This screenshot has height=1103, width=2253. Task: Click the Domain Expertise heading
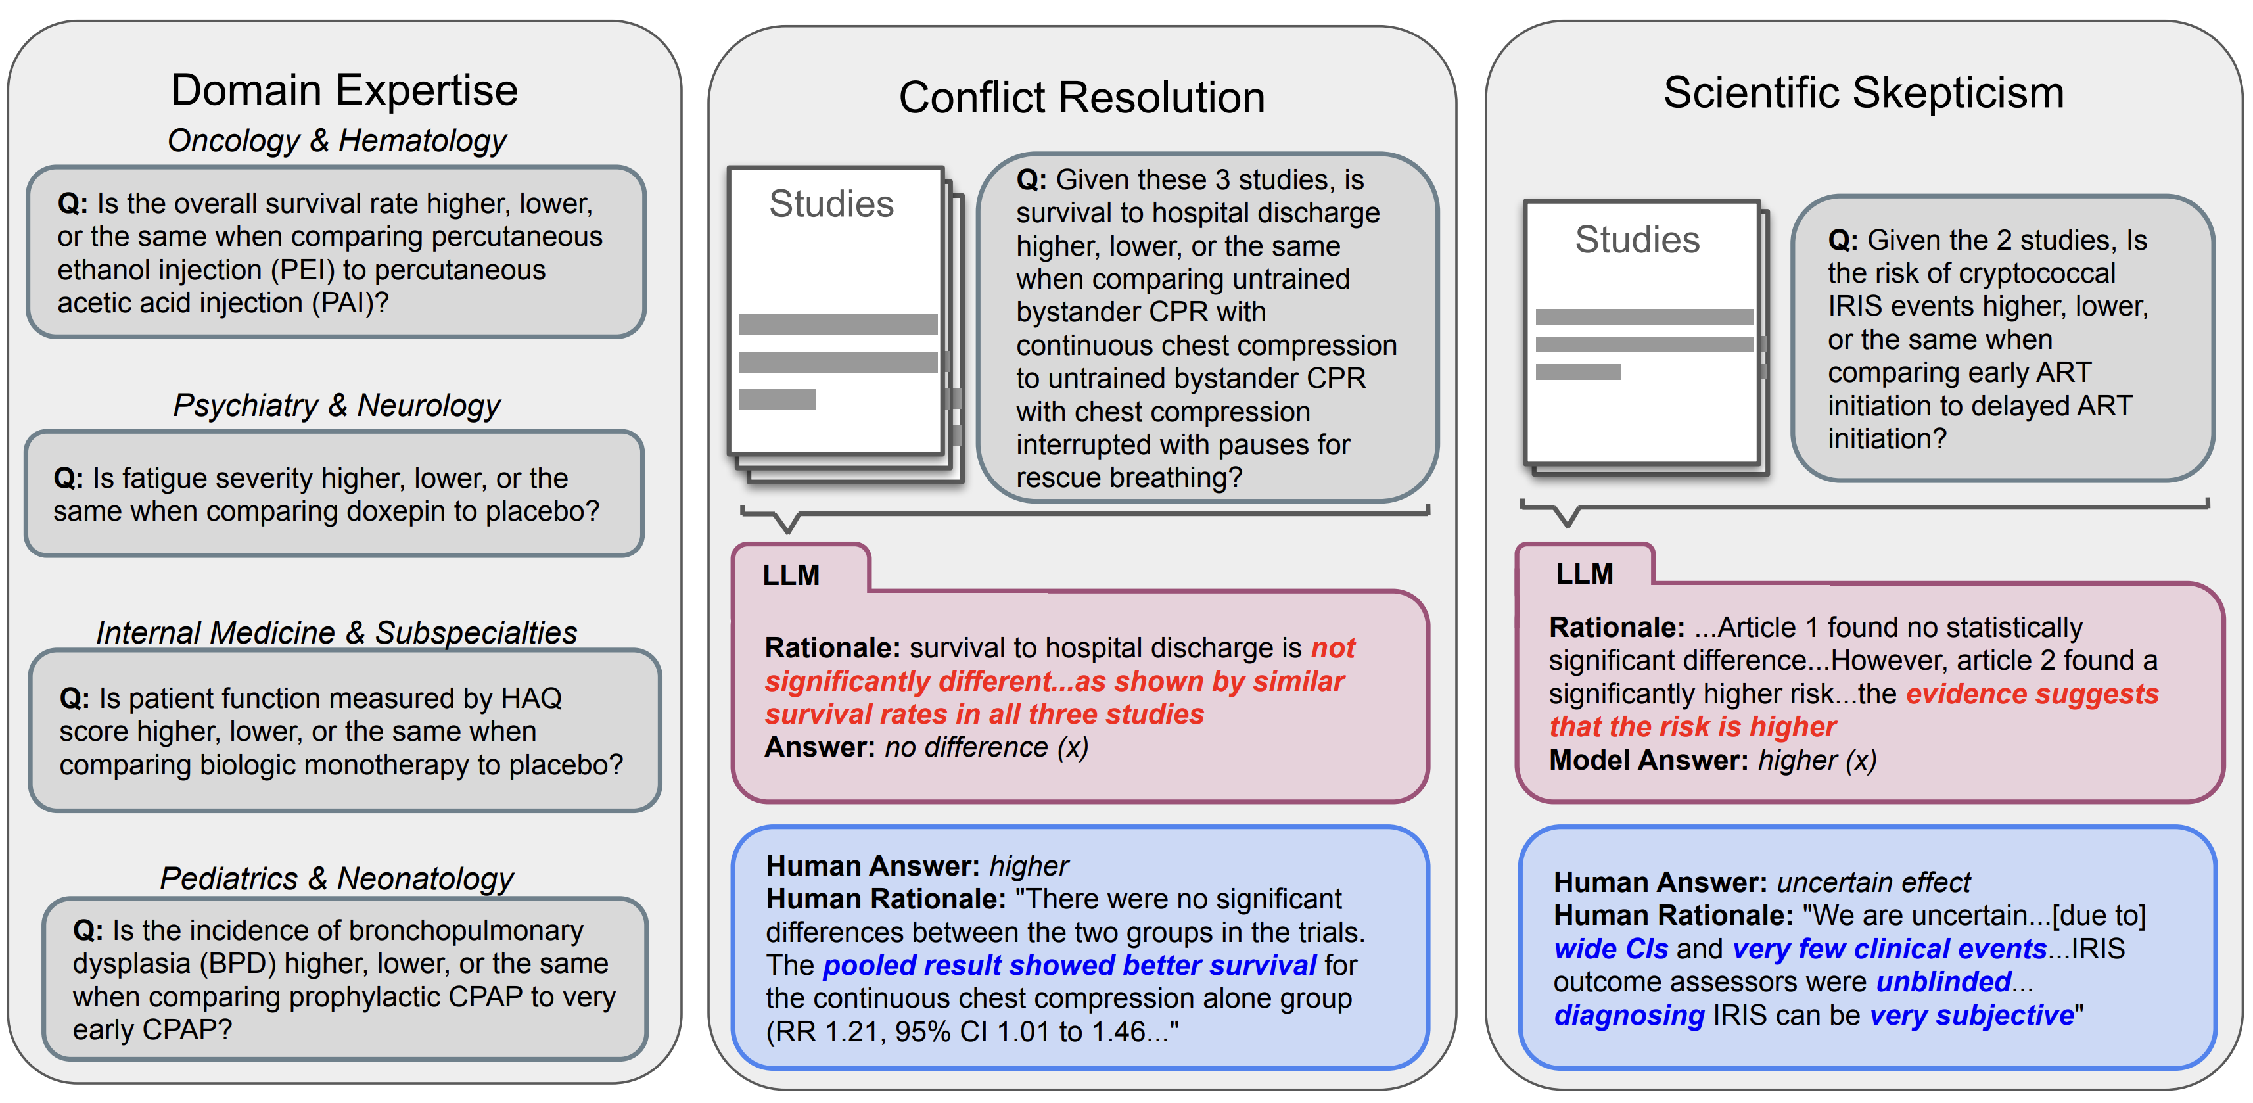click(x=344, y=90)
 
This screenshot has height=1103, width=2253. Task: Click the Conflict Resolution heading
click(x=1082, y=97)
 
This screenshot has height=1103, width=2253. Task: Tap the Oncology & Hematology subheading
click(x=337, y=141)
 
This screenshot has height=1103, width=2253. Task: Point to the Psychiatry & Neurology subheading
click(x=337, y=406)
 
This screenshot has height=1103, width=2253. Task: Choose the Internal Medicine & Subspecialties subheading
click(x=337, y=632)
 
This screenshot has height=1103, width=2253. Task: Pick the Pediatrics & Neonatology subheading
click(x=337, y=878)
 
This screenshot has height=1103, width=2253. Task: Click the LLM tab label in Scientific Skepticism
click(x=1584, y=574)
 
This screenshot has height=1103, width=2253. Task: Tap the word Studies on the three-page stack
click(x=831, y=204)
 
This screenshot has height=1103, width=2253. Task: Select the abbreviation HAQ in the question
click(x=531, y=698)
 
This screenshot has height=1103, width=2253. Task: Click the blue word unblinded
click(x=1943, y=982)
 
